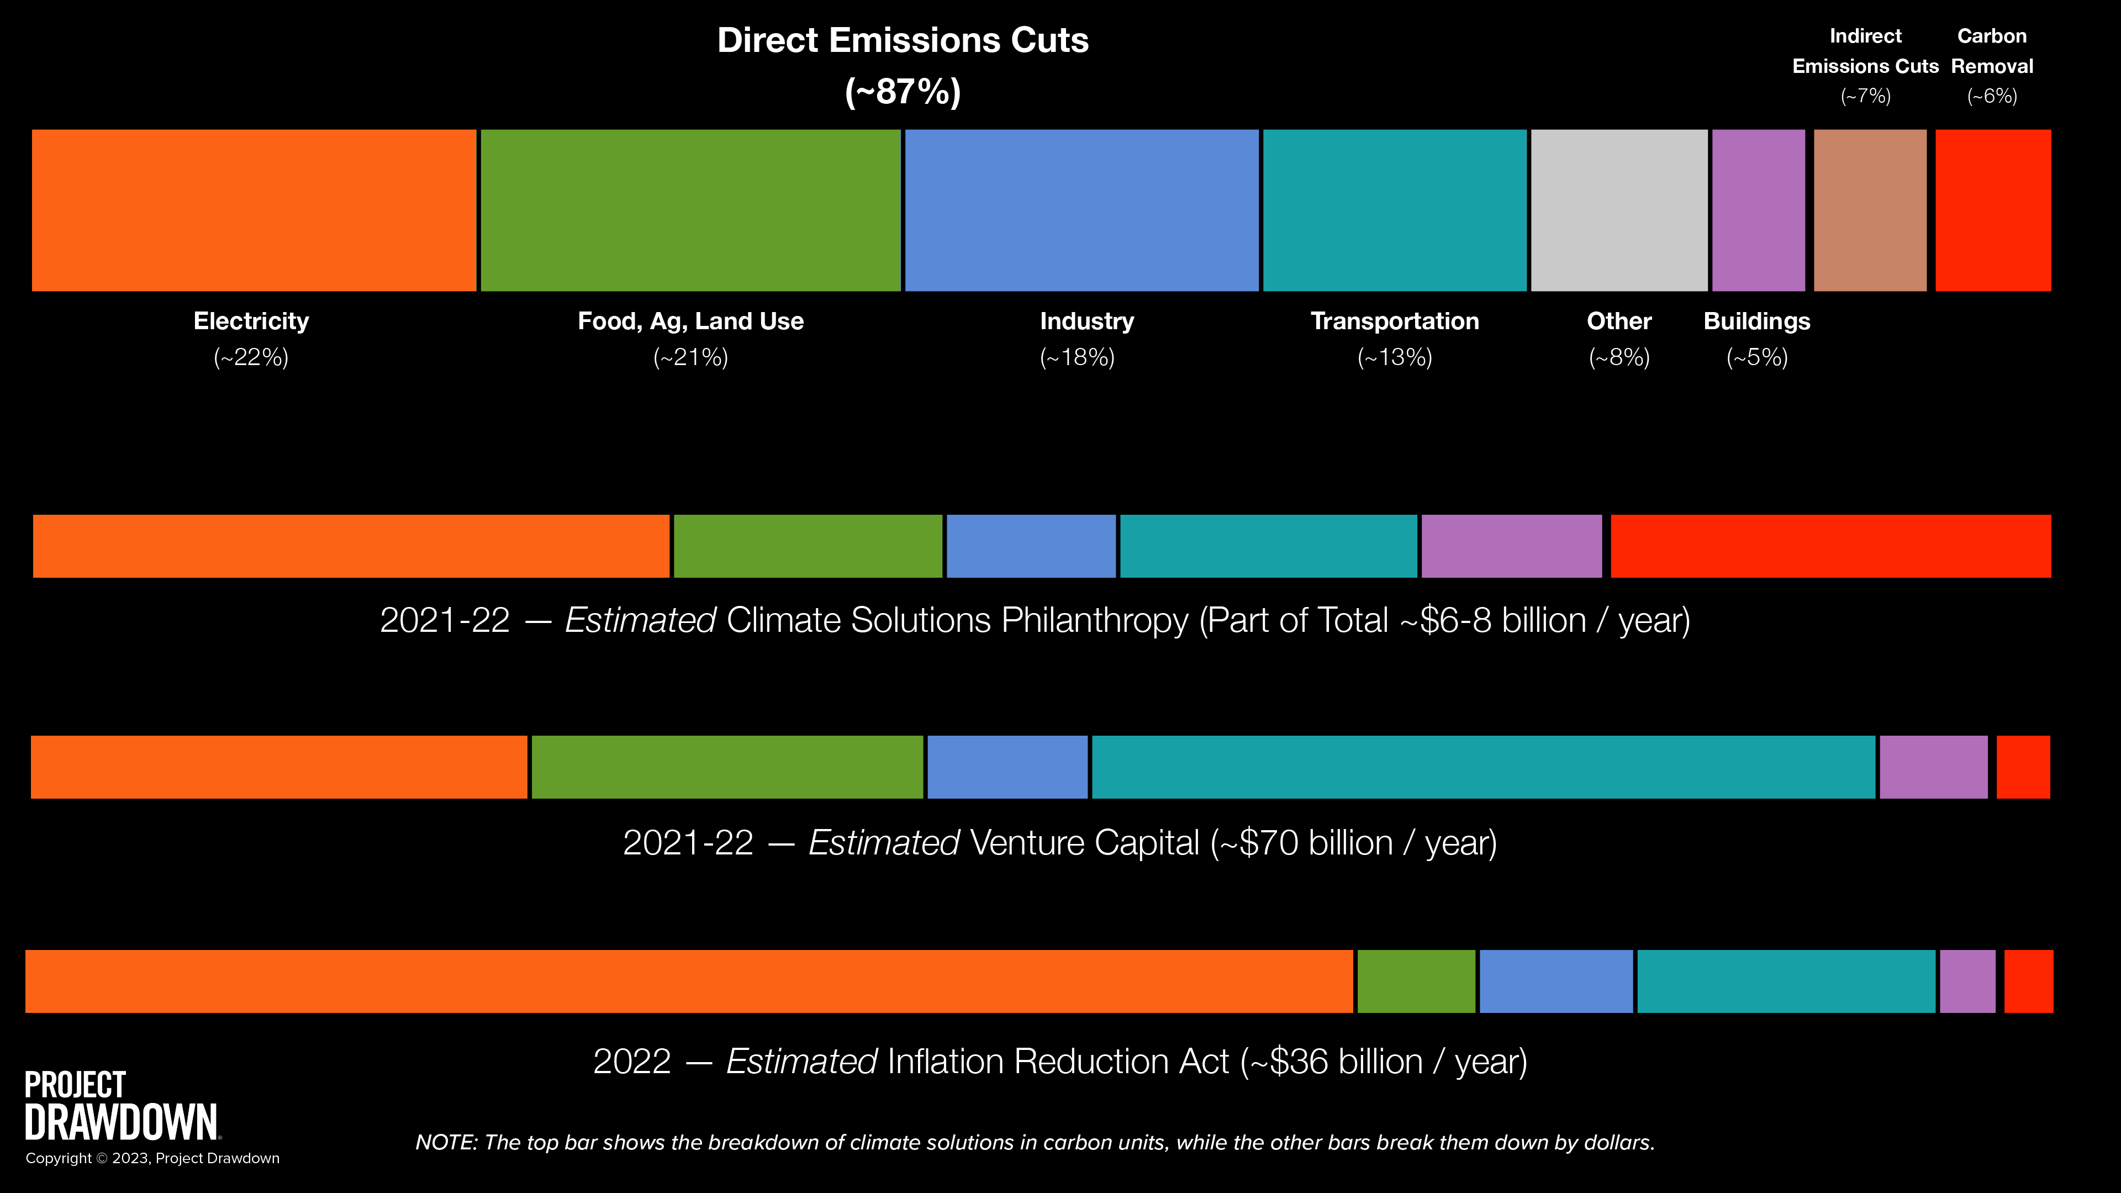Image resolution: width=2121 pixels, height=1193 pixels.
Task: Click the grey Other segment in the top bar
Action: (1619, 210)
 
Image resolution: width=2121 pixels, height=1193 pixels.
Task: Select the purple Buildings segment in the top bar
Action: (1758, 210)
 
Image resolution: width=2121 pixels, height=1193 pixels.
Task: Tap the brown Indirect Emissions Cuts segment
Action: (1870, 210)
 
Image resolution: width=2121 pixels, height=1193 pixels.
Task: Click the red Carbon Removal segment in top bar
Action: (1992, 210)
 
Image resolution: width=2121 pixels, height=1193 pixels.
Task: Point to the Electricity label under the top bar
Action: (251, 321)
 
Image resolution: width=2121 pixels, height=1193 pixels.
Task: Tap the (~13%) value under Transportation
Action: (1395, 357)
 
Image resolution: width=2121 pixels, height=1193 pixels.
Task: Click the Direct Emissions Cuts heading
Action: (903, 40)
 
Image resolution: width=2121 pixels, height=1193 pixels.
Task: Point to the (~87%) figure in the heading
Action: (903, 91)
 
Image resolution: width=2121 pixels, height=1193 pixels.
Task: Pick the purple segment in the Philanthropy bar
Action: (1512, 546)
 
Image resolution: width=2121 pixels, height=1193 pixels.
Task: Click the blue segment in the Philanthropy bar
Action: (1031, 546)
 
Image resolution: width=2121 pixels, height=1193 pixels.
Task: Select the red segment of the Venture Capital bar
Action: (2023, 767)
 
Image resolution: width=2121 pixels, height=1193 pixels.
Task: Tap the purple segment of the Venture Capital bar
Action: (1933, 767)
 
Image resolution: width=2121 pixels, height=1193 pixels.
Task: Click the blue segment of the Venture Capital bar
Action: (1007, 767)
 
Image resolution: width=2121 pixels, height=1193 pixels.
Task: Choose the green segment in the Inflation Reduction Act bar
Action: (1416, 980)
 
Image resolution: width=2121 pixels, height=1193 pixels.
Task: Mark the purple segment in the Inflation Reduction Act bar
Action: (1967, 980)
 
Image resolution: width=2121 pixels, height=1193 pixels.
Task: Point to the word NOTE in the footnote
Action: (445, 1143)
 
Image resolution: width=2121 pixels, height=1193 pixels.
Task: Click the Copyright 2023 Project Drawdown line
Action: (152, 1158)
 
